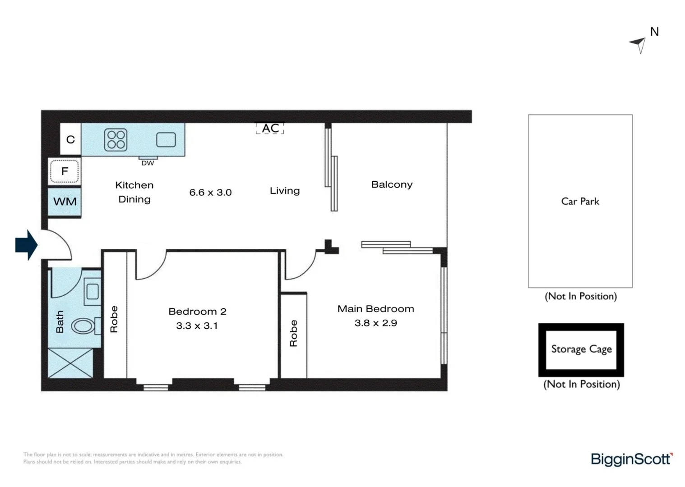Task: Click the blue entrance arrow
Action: click(x=27, y=245)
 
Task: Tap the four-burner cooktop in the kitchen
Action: click(x=116, y=140)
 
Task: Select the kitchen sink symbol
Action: click(x=166, y=140)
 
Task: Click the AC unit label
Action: click(x=270, y=129)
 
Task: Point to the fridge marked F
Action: click(x=64, y=171)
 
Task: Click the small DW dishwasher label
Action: click(x=148, y=163)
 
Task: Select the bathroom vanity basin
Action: click(x=93, y=291)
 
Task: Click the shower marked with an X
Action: click(x=70, y=363)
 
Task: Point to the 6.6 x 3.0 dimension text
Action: click(x=210, y=193)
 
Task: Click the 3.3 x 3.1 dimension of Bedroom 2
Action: click(x=197, y=326)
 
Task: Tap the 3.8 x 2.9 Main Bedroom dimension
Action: click(x=376, y=323)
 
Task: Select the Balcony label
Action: click(x=392, y=184)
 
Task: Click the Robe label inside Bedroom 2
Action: click(x=114, y=319)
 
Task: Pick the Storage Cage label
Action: click(x=581, y=349)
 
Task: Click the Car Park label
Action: click(x=580, y=201)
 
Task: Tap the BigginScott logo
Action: click(x=632, y=459)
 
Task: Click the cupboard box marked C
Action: click(x=70, y=139)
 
